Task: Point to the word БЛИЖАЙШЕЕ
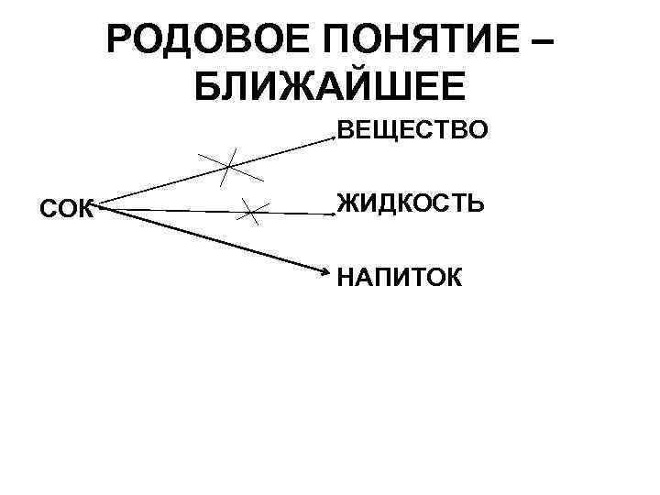[x=331, y=88]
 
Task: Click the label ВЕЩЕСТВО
[x=412, y=133]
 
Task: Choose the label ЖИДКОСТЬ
[x=409, y=203]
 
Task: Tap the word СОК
[x=66, y=209]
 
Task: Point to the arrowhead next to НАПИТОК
[x=327, y=270]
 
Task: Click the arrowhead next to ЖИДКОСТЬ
[x=332, y=214]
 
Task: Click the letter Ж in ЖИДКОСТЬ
[x=349, y=203]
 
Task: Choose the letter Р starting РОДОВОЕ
[x=120, y=42]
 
